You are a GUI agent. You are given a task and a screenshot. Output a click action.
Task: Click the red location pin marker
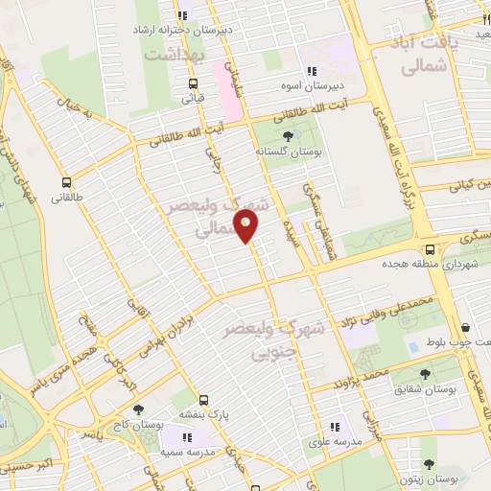pos(247,226)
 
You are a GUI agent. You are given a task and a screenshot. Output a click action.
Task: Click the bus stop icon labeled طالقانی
pos(66,182)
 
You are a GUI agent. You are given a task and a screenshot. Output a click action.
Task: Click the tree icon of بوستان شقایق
pos(425,373)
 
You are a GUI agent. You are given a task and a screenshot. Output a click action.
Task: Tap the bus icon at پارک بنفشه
pos(202,400)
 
